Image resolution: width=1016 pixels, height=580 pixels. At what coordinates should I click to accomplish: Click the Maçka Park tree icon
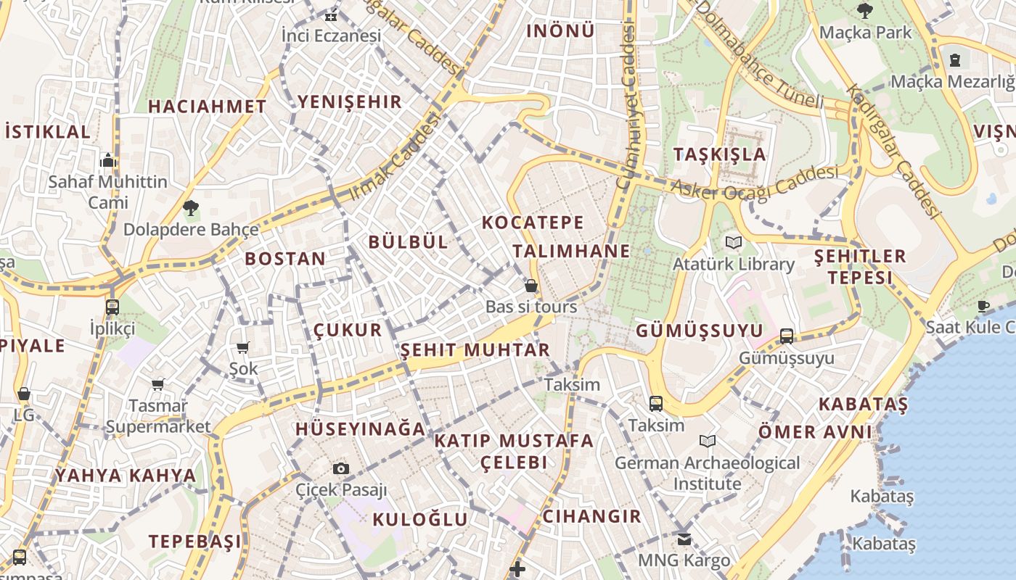pyautogui.click(x=864, y=10)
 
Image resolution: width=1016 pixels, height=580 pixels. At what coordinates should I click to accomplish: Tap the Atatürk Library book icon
pyautogui.click(x=734, y=243)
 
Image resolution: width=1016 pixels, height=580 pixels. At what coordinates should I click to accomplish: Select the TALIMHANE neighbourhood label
pyautogui.click(x=571, y=252)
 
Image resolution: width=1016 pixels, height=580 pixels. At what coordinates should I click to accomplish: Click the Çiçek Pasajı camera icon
pyautogui.click(x=340, y=469)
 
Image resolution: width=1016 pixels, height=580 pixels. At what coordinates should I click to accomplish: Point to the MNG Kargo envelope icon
pyautogui.click(x=684, y=539)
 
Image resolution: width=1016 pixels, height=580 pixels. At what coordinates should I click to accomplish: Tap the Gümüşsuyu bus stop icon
pyautogui.click(x=787, y=336)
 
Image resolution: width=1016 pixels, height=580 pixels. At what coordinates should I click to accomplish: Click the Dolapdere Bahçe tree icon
pyautogui.click(x=191, y=208)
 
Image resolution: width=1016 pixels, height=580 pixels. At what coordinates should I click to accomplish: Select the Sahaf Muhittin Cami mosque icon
pyautogui.click(x=108, y=159)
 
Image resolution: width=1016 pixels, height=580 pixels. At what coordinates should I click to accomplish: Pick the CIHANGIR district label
pyautogui.click(x=592, y=516)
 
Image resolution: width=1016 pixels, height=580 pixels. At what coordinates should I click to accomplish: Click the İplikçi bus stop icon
pyautogui.click(x=112, y=307)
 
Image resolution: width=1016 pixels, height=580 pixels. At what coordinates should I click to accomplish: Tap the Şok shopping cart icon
pyautogui.click(x=243, y=348)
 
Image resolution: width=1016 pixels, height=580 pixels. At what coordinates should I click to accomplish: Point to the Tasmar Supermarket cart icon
pyautogui.click(x=157, y=384)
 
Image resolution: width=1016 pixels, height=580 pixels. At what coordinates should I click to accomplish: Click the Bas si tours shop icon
pyautogui.click(x=531, y=286)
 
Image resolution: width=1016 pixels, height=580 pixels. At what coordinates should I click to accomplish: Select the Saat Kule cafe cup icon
pyautogui.click(x=983, y=306)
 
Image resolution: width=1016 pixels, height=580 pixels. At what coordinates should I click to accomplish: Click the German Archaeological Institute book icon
pyautogui.click(x=708, y=441)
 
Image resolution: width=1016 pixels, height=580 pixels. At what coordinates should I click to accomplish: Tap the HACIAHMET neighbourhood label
pyautogui.click(x=208, y=107)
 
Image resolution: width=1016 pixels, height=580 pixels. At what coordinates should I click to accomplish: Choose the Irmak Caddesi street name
pyautogui.click(x=396, y=158)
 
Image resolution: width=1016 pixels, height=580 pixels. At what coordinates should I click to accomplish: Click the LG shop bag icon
pyautogui.click(x=24, y=394)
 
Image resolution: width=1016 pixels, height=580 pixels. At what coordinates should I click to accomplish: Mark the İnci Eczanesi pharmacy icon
pyautogui.click(x=331, y=16)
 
